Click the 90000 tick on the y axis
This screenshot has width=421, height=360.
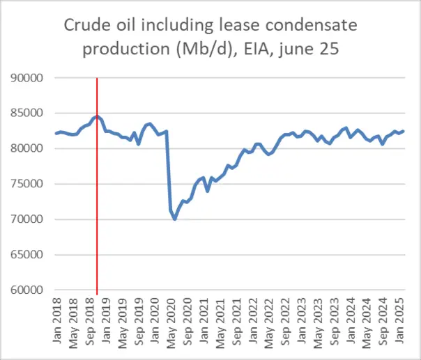(x=28, y=78)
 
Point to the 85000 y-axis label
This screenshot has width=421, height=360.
(x=28, y=114)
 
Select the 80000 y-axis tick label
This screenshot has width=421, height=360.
(x=28, y=149)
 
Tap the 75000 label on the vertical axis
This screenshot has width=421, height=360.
(x=28, y=185)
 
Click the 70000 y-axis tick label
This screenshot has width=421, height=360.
(x=28, y=220)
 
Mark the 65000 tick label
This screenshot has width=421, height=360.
(x=28, y=256)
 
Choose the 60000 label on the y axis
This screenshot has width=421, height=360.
(x=28, y=290)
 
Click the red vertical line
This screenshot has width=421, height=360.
(x=97, y=209)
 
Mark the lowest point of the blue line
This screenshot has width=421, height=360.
(x=175, y=219)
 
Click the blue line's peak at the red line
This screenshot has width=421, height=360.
(x=97, y=116)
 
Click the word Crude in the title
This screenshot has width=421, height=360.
(x=85, y=26)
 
